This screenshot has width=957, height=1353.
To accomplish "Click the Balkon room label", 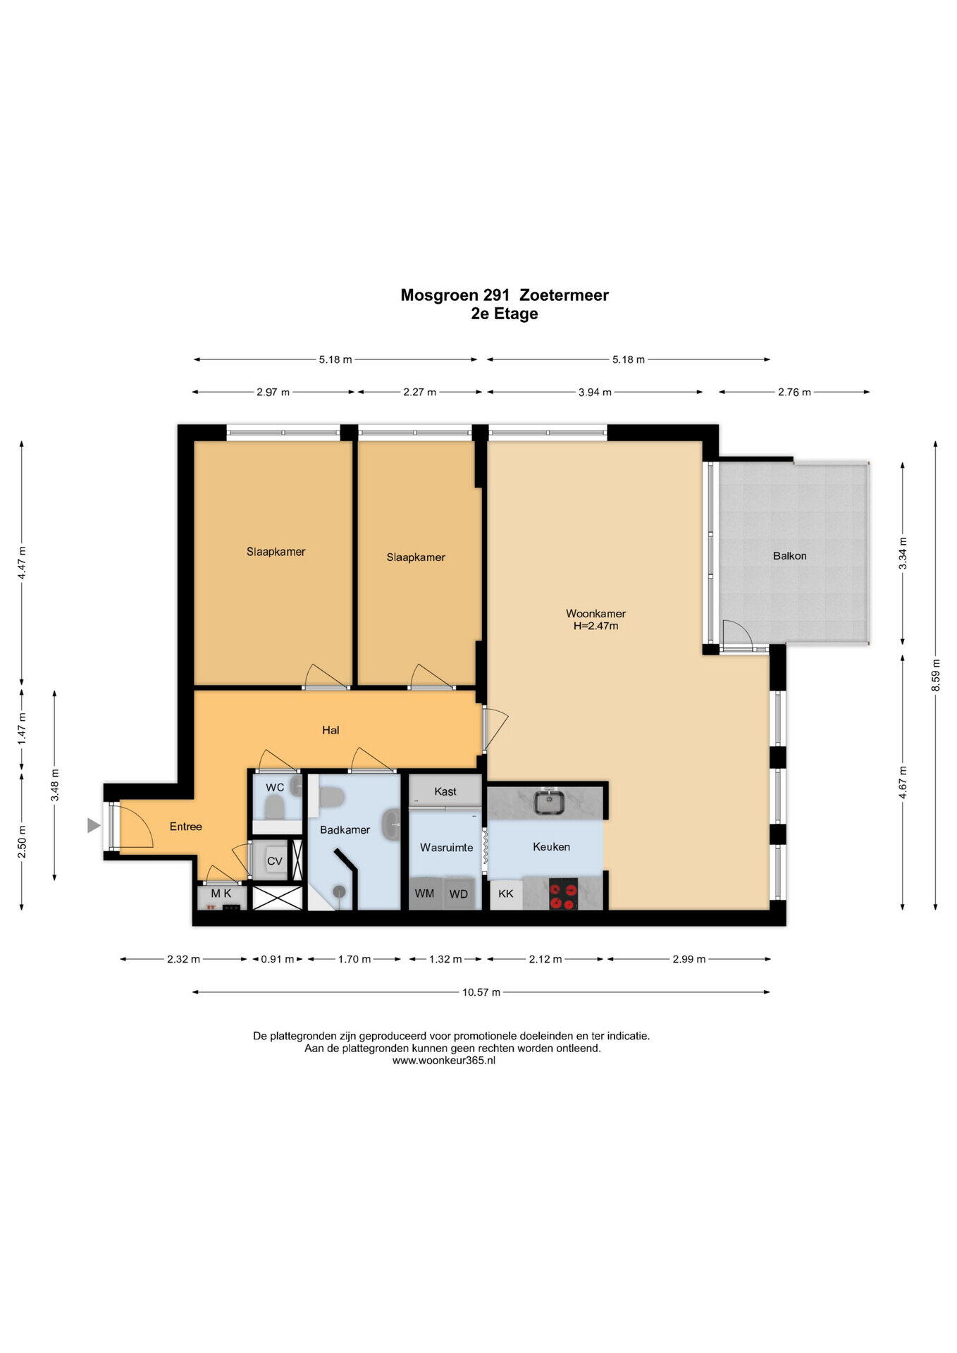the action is pos(789,556).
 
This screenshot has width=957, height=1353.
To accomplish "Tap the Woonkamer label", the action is pos(595,613).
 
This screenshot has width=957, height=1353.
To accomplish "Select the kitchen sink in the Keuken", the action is pos(548,802).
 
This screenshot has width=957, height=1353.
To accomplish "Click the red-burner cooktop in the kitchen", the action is pos(563,894).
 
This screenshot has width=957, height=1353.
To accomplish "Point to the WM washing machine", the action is pos(424,893).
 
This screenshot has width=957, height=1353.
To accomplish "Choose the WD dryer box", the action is pos(459,893).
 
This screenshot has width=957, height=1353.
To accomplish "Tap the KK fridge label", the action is pos(506,894).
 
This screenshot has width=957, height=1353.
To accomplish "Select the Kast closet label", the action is pos(445,791).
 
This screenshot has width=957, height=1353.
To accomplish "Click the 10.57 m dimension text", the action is pos(481,992).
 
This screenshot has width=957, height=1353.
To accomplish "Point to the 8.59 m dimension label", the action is pos(936,674).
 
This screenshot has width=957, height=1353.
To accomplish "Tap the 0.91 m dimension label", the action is pos(278,959).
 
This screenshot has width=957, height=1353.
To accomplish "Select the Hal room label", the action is pos(331,730).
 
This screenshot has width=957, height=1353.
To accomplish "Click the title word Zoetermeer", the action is pos(564,295).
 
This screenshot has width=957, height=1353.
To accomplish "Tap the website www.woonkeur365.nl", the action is pos(444,1060).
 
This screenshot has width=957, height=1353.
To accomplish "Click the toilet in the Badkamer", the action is pos(330,797).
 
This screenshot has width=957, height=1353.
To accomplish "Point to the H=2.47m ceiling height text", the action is pos(595,626).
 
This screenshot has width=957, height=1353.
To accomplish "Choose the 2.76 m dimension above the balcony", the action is pos(794,392).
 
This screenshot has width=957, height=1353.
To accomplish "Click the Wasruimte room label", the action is pos(446,847).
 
